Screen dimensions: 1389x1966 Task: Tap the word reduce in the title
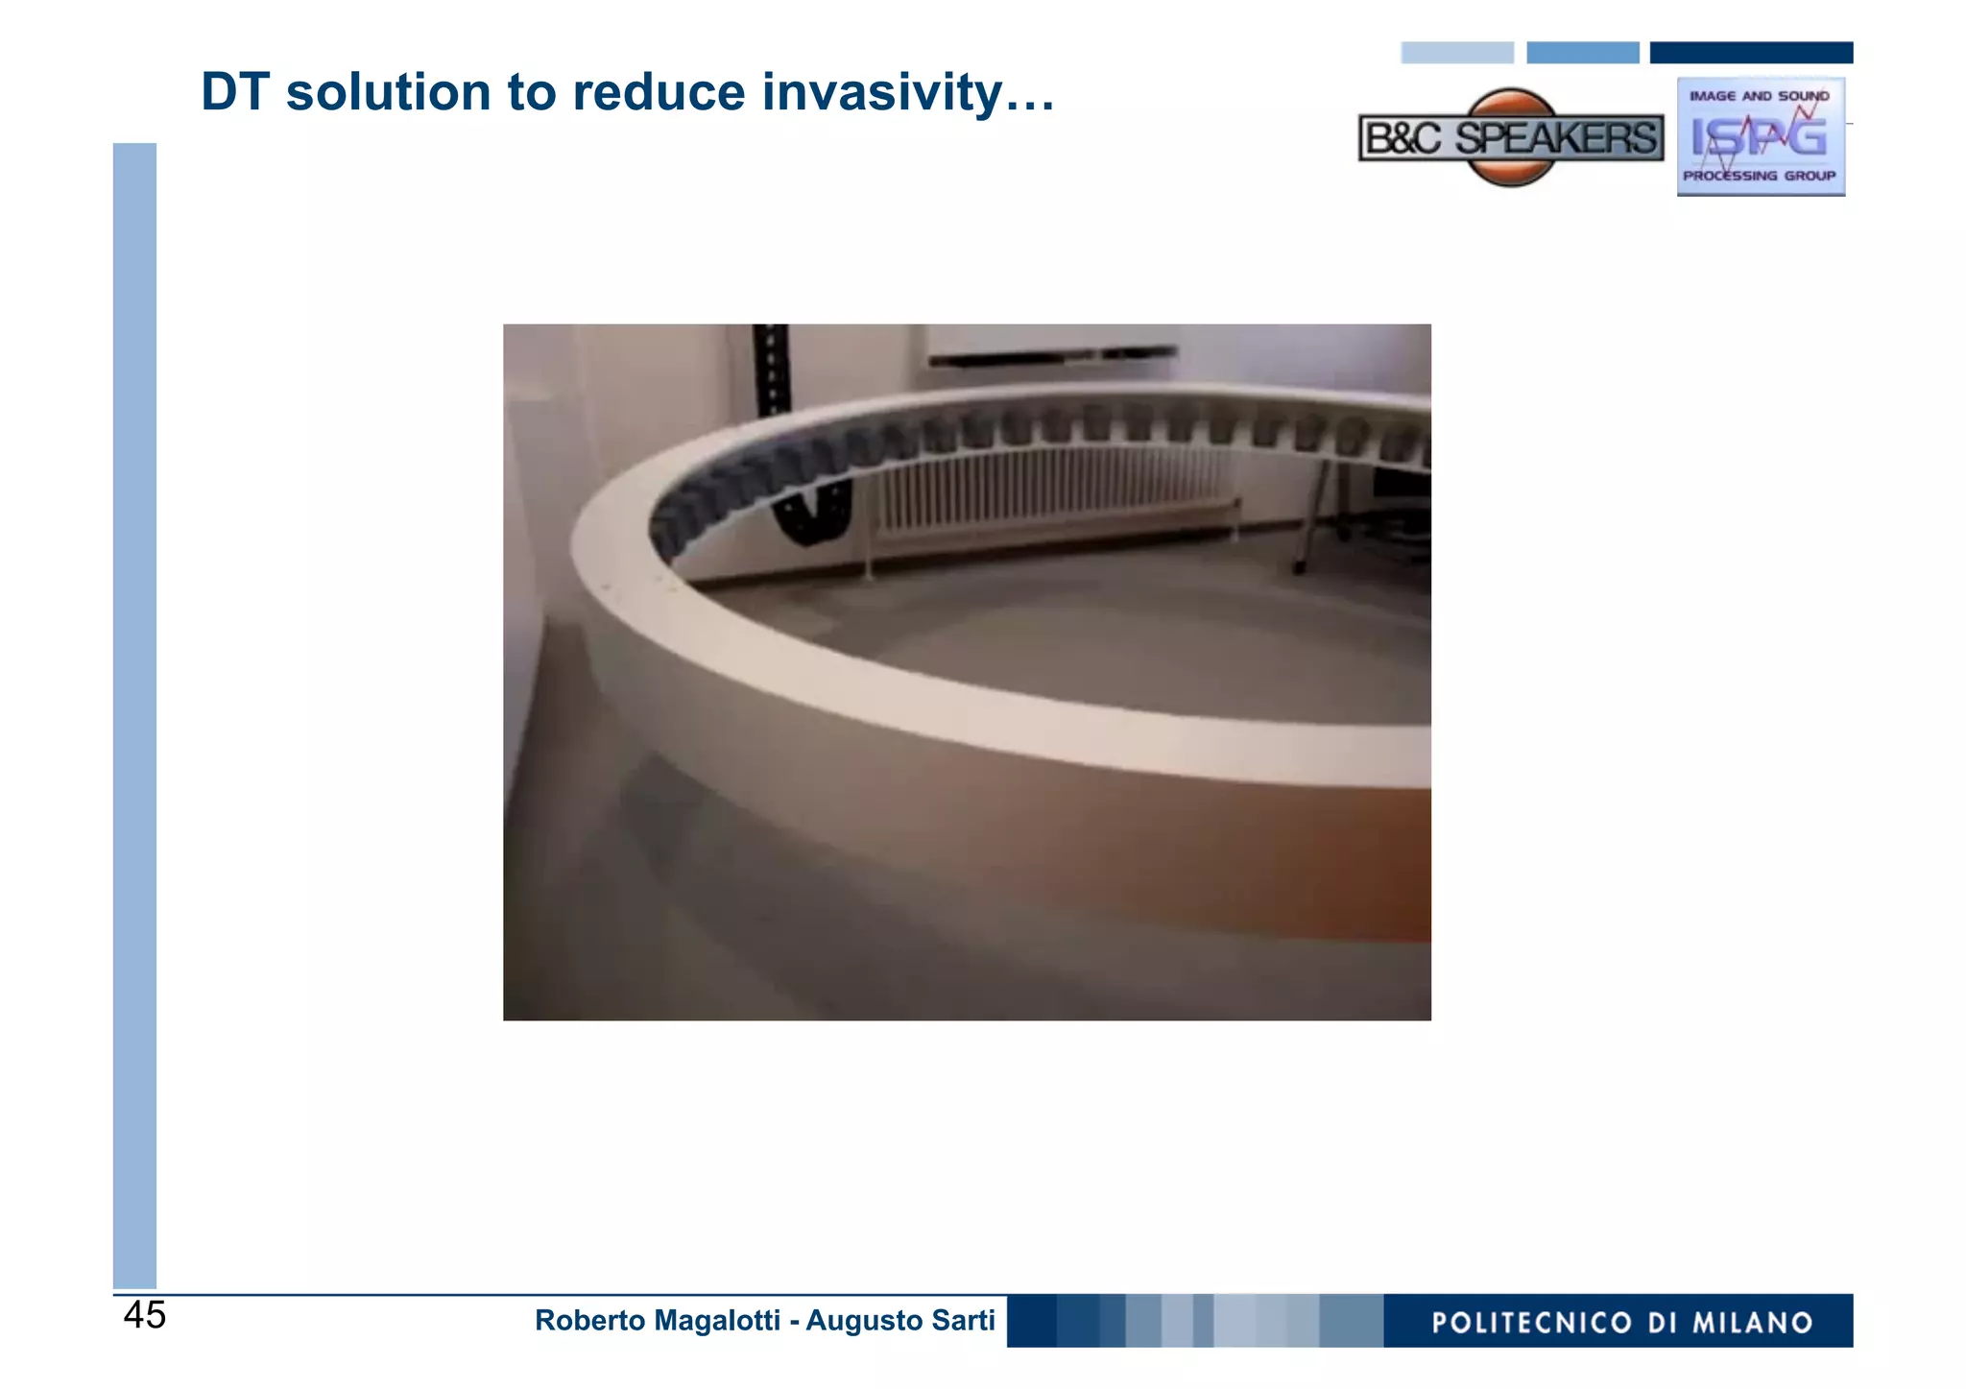point(659,93)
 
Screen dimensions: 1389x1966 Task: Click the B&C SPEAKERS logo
point(1511,138)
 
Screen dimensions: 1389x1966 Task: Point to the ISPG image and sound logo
point(1760,136)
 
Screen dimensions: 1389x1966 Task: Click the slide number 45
point(145,1315)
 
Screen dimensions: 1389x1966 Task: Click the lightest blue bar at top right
point(1456,53)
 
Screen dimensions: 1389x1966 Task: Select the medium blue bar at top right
point(1582,53)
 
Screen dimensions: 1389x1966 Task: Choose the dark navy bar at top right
point(1751,53)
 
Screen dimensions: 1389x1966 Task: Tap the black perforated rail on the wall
point(771,370)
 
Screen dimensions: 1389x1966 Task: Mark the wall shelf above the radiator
point(1051,356)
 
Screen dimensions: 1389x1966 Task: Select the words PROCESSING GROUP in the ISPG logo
point(1759,176)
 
